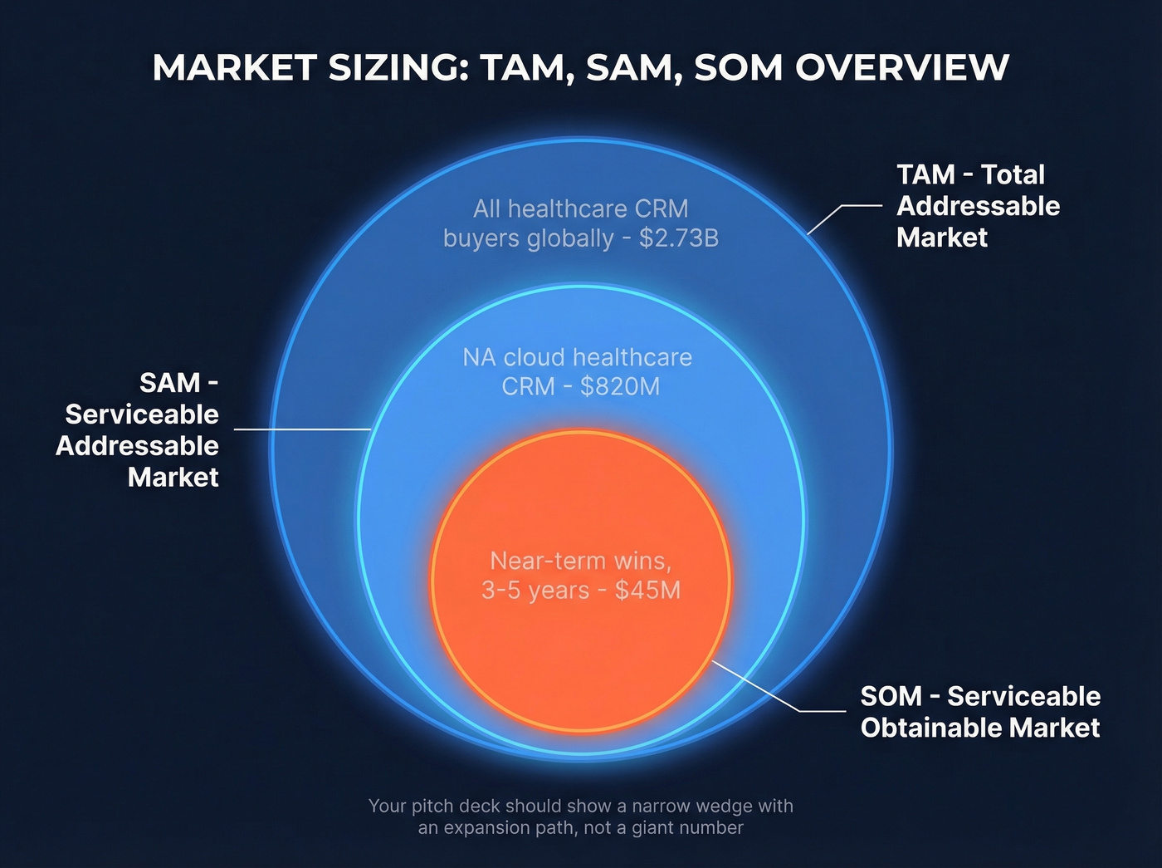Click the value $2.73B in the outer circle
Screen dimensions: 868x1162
point(679,238)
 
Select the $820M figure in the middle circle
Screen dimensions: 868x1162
point(620,386)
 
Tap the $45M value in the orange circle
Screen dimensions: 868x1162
point(647,590)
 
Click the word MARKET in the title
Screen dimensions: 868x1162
point(235,68)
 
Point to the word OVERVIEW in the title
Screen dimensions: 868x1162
point(902,68)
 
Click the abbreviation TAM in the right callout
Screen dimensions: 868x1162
point(925,174)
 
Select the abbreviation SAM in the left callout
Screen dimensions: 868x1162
point(170,383)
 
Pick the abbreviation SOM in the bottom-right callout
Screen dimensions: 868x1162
point(891,696)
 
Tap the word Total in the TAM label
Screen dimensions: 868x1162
point(1013,174)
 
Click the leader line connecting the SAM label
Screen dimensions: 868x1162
point(302,429)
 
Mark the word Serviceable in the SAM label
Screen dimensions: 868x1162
point(142,414)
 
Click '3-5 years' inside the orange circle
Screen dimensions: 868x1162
point(535,590)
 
